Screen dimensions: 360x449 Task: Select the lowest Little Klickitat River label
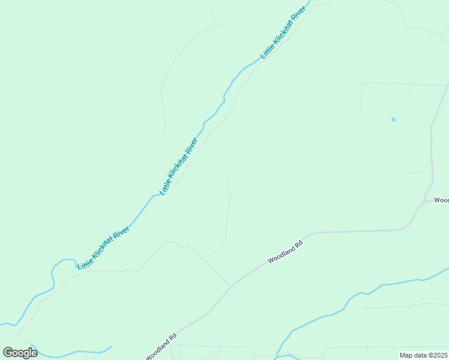point(104,247)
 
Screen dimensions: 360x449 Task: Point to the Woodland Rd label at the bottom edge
point(161,347)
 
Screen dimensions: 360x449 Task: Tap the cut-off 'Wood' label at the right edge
point(441,200)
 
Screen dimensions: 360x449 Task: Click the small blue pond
point(393,119)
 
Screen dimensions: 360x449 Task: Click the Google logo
point(20,353)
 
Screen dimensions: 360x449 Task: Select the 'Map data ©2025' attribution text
point(424,355)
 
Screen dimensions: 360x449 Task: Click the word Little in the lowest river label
point(85,261)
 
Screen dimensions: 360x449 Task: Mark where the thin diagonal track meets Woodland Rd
point(230,286)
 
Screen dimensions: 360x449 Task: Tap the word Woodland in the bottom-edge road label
point(158,349)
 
